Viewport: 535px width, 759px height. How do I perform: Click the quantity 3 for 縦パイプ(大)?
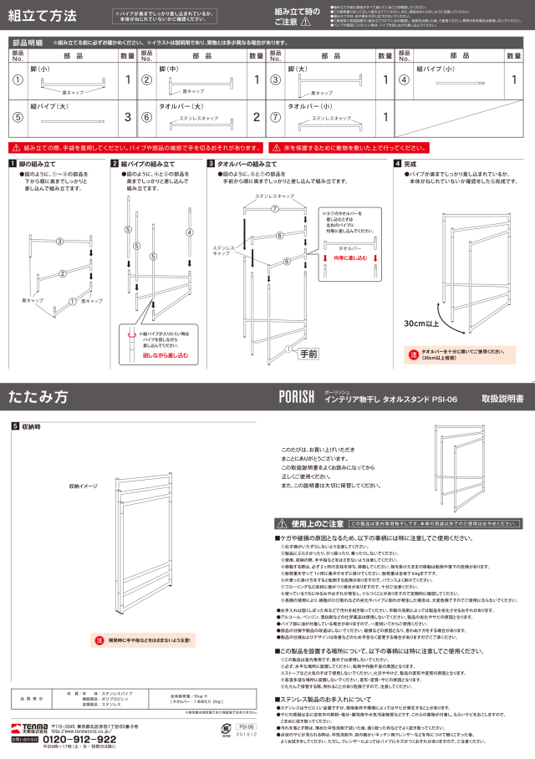pos(127,117)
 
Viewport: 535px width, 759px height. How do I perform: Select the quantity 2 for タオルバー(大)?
pos(257,117)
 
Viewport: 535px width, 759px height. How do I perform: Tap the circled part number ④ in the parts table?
pos(403,80)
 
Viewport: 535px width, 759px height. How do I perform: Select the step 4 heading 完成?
pos(410,164)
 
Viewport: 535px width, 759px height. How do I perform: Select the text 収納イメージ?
pos(84,486)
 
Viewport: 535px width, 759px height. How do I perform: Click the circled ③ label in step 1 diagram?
pos(59,242)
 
